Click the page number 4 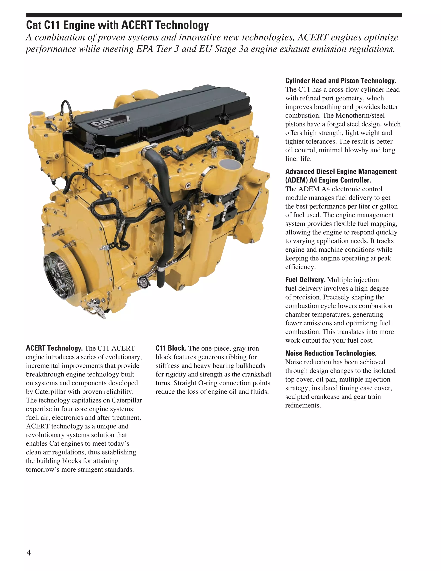29,552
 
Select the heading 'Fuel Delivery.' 305,280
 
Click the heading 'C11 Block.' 171,348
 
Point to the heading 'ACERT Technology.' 54,348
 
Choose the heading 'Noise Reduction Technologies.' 331,353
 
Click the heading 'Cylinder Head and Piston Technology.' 340,81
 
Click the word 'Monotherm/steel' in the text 360,115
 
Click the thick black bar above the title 214,15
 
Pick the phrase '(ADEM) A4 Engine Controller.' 328,180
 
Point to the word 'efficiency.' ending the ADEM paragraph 300,267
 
